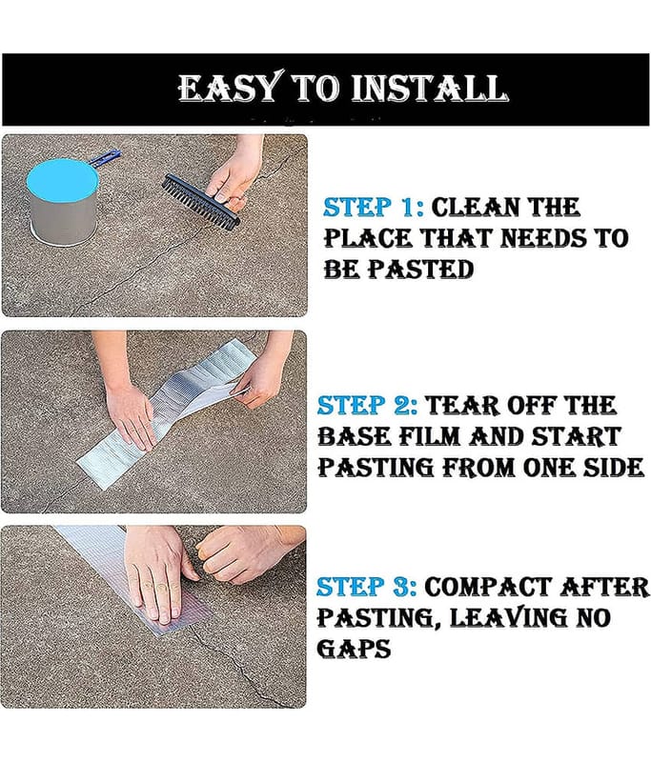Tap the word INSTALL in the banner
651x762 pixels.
(x=429, y=89)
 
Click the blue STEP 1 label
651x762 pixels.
(x=373, y=208)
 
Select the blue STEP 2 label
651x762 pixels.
(x=367, y=406)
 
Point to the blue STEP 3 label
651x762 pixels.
(x=366, y=587)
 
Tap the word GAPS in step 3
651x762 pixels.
(x=354, y=649)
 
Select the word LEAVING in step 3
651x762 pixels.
(x=508, y=617)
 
